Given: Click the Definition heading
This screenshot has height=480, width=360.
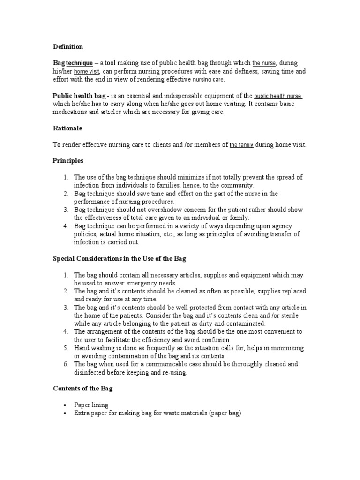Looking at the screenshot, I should pyautogui.click(x=67, y=47).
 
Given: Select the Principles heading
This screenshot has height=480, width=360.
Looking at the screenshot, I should pyautogui.click(x=68, y=161).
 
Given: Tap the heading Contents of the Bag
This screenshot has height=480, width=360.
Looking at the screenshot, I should pyautogui.click(x=82, y=389).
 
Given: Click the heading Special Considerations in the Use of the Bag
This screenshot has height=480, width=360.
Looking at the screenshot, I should pyautogui.click(x=120, y=259).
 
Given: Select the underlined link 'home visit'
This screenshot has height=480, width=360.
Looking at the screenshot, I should pyautogui.click(x=87, y=72).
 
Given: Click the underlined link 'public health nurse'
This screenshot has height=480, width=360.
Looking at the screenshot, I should pyautogui.click(x=278, y=96).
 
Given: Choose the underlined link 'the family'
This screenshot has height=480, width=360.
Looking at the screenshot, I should pyautogui.click(x=241, y=145).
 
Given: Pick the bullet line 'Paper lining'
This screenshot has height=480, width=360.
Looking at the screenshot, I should pyautogui.click(x=91, y=405).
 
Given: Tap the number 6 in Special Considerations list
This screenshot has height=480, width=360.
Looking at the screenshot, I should pyautogui.click(x=66, y=364).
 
